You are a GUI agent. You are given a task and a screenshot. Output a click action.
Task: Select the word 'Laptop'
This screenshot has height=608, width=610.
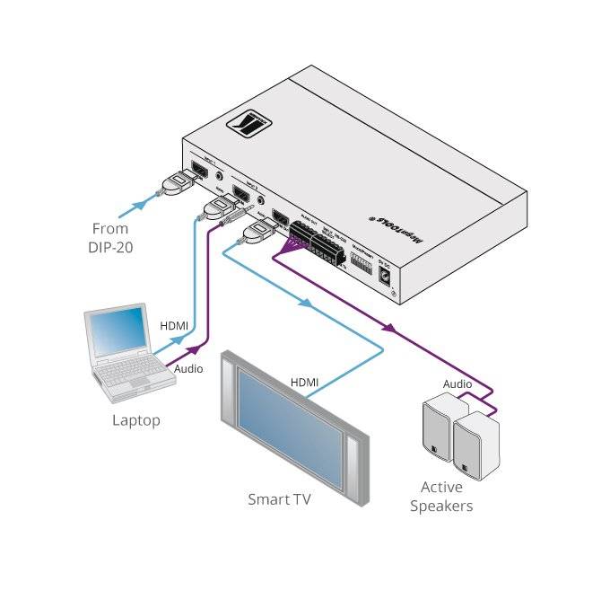click(135, 419)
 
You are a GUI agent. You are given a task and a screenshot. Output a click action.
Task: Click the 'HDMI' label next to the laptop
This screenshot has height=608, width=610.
click(174, 325)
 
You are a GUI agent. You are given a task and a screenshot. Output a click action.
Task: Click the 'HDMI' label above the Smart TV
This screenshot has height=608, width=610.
click(304, 383)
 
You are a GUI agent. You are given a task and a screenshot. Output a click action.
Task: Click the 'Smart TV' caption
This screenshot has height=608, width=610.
click(279, 499)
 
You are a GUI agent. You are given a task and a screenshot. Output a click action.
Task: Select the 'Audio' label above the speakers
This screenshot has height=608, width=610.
click(457, 384)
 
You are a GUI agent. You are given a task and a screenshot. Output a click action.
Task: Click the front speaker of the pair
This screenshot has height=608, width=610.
click(474, 444)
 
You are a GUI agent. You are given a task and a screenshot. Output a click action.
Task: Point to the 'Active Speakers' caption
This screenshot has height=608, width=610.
click(441, 496)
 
